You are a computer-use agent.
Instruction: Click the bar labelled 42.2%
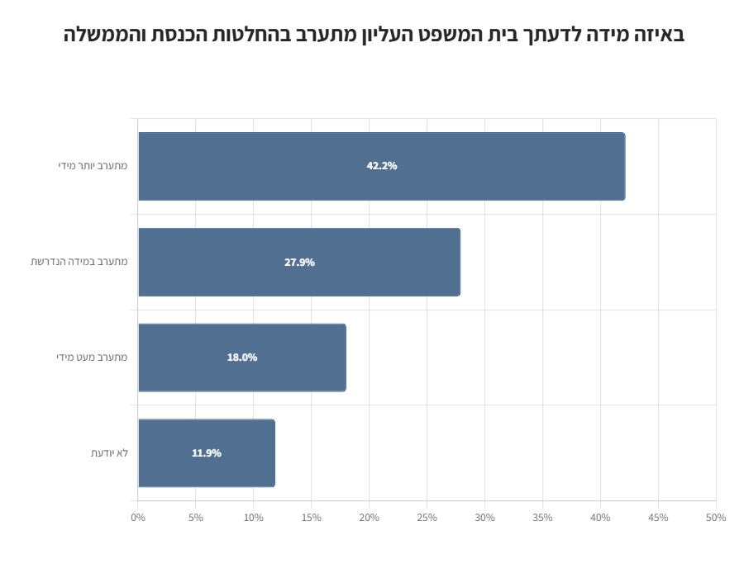[496, 166]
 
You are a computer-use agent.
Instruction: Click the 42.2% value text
[382, 166]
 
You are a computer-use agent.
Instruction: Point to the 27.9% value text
[299, 263]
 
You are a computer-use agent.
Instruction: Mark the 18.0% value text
[242, 358]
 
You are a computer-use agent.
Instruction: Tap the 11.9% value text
[207, 452]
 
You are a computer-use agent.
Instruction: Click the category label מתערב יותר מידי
[93, 166]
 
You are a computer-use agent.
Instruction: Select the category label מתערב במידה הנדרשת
[79, 262]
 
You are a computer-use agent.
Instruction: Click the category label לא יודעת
[109, 452]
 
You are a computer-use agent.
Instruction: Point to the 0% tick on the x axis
[138, 518]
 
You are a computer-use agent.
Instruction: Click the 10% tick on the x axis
[254, 518]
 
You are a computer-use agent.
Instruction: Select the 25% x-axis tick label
[427, 518]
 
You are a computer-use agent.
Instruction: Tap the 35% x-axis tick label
[543, 518]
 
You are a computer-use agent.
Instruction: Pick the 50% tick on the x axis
[716, 518]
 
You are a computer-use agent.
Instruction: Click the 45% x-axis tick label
[659, 518]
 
